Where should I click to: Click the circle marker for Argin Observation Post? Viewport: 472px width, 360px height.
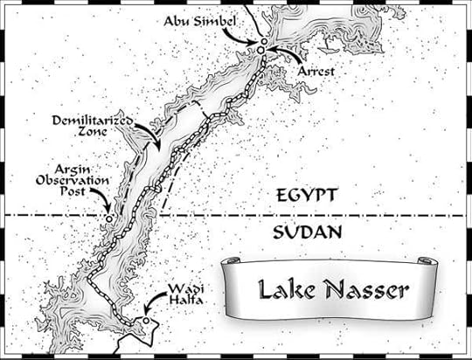pos(108,218)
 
